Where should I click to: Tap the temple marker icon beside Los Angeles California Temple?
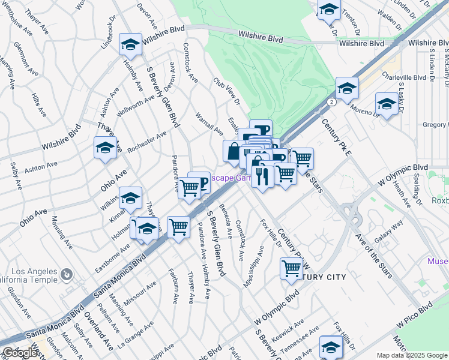[x=67, y=275]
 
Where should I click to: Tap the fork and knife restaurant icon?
[x=262, y=176]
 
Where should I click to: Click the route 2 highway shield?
[x=331, y=102]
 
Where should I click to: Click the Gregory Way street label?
[x=435, y=125]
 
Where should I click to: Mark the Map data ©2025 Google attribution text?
[x=411, y=355]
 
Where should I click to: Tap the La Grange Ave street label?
[x=135, y=335]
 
